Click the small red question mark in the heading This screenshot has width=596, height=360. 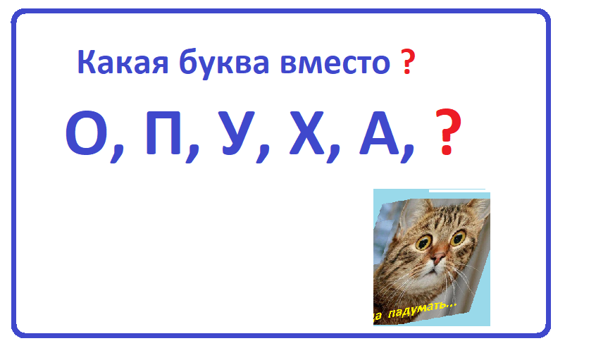[x=407, y=63]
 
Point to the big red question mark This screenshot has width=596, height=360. [x=448, y=134]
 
